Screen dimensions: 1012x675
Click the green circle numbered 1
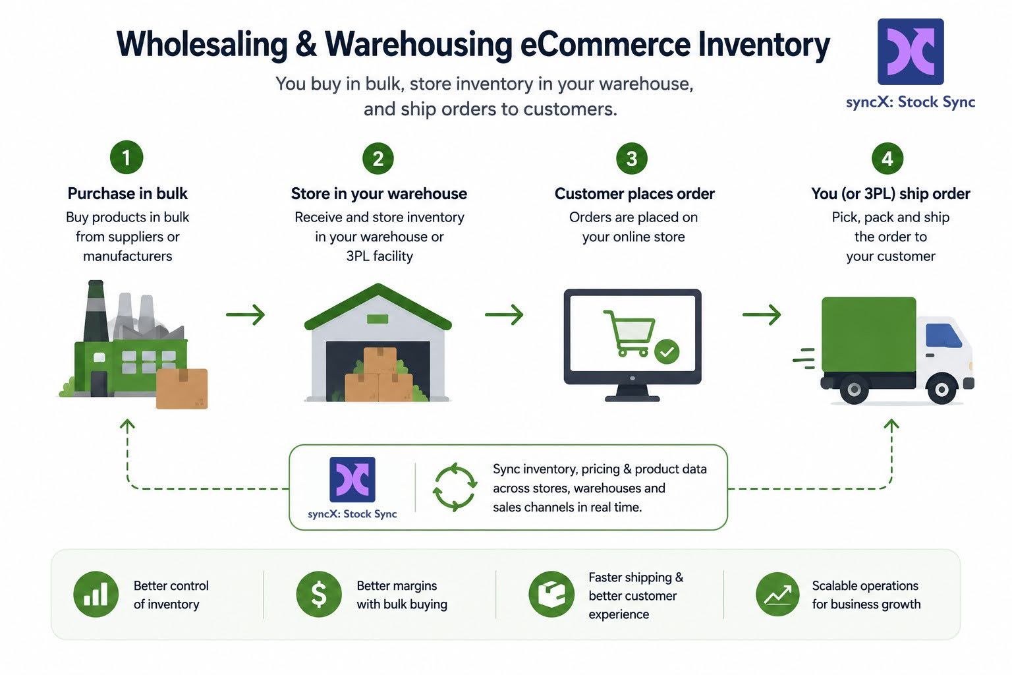click(x=126, y=158)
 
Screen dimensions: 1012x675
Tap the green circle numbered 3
click(x=632, y=158)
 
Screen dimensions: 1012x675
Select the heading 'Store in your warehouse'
click(x=379, y=194)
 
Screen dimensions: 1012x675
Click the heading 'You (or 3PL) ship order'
click(x=891, y=194)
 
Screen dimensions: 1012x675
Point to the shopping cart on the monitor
click(x=629, y=332)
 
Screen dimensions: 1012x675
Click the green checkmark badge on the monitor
click(x=667, y=351)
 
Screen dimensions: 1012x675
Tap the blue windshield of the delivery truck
click(x=943, y=336)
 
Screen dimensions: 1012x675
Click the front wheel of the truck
click(x=942, y=389)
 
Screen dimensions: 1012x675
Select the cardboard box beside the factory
click(x=182, y=388)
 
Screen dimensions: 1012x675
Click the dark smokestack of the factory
click(x=96, y=311)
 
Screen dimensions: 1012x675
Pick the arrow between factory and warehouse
click(x=245, y=314)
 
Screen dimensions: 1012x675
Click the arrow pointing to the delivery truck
click(x=762, y=314)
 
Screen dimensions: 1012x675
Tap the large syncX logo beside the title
click(x=911, y=51)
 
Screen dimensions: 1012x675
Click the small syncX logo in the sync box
click(x=352, y=479)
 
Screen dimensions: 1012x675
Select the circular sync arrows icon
click(x=455, y=487)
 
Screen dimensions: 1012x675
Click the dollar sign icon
click(x=319, y=594)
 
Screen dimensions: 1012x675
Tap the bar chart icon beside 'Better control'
click(x=96, y=594)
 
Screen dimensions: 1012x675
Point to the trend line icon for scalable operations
click(x=777, y=594)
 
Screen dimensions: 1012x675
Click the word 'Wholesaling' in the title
click(x=202, y=44)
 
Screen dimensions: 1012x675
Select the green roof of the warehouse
click(x=378, y=306)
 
